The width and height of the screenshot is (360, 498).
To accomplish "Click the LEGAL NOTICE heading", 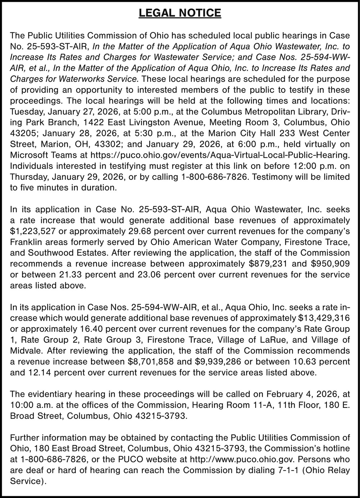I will [180, 13].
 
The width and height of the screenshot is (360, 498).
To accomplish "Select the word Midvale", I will [25, 351].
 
